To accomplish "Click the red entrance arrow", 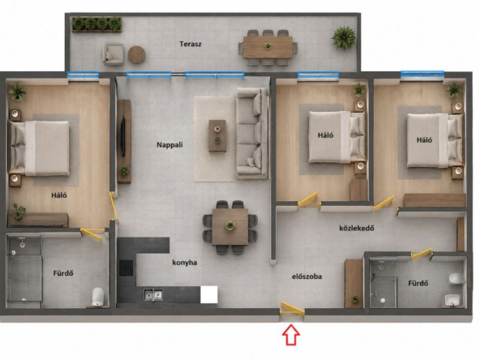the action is pos(291,335).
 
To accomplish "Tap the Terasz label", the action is pos(191,44).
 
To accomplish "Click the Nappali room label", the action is pos(169,145).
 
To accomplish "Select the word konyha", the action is pos(185,263).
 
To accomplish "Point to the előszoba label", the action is pos(307,276).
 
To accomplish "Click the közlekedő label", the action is pos(357,228).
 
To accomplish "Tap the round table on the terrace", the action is pos(136,54).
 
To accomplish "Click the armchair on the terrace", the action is pos(114,54).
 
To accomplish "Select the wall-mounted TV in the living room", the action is pos(122,136).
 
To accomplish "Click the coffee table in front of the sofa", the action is pos(217,136).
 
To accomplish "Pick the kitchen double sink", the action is pos(153,295).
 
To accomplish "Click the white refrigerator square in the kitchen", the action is pos(209,294).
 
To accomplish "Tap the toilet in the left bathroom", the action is pos(98,296).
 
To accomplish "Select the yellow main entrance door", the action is pos(293,309).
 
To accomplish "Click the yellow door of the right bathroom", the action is pos(421,255).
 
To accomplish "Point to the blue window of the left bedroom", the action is pos(83,75).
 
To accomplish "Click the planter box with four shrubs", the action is pos(96,24).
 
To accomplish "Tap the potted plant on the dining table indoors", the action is pos(230,225).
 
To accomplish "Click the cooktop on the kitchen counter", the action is pos(126,268).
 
